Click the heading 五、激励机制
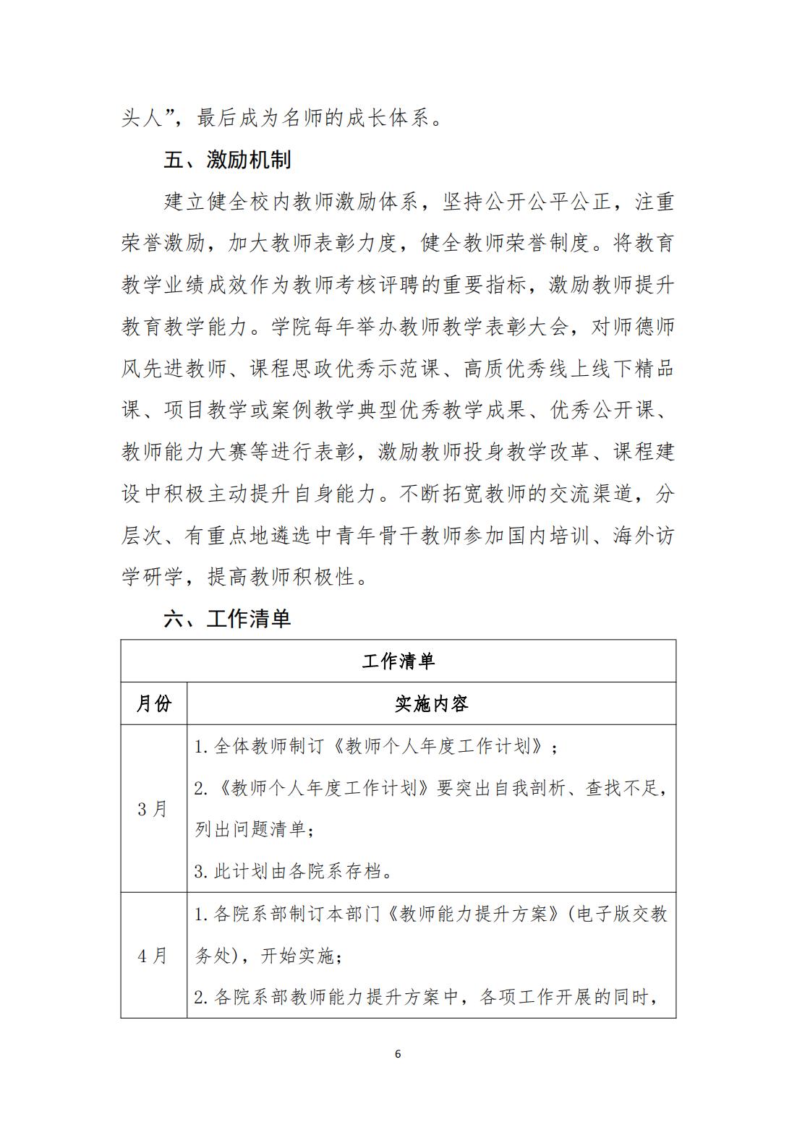(x=227, y=160)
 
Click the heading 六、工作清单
(x=227, y=619)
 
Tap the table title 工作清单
(x=398, y=661)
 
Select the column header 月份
(x=153, y=703)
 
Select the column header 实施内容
(x=431, y=703)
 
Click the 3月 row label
(x=153, y=808)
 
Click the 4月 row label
(x=153, y=956)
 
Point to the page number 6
(x=398, y=1053)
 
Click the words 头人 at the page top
(x=142, y=118)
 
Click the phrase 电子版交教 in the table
(x=621, y=914)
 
